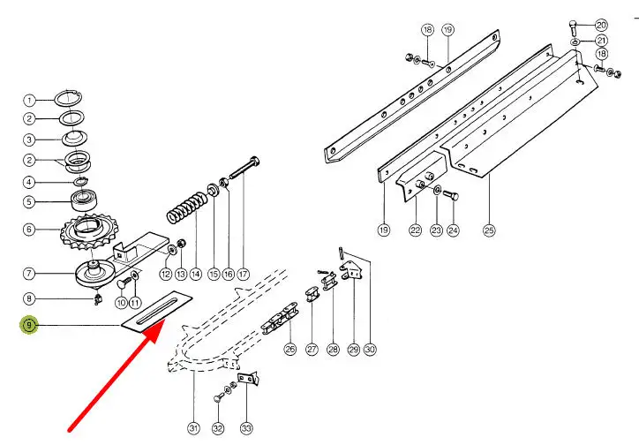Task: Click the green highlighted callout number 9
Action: pyautogui.click(x=29, y=325)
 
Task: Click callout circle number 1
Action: pyautogui.click(x=29, y=101)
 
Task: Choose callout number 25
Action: pyautogui.click(x=489, y=230)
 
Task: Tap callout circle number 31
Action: pyautogui.click(x=193, y=428)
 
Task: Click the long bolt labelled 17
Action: pyautogui.click(x=244, y=168)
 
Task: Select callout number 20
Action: pyautogui.click(x=602, y=25)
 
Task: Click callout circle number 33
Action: pyautogui.click(x=246, y=428)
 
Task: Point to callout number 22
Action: pyautogui.click(x=416, y=230)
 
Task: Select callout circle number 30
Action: pyautogui.click(x=370, y=350)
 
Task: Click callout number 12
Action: pyautogui.click(x=165, y=274)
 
